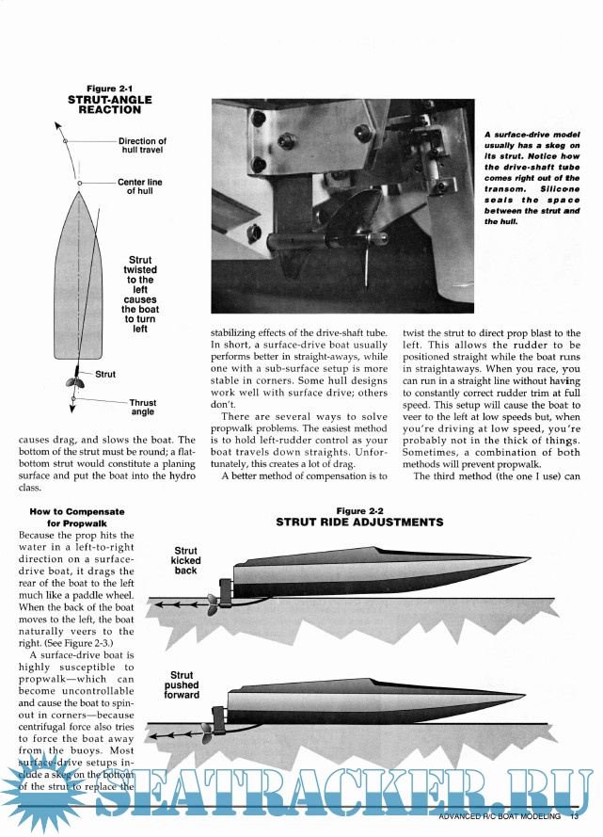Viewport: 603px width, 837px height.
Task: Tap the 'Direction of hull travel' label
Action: pos(142,146)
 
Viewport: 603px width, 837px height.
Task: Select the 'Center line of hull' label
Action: pos(144,186)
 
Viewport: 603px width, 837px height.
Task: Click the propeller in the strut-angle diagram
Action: pos(72,383)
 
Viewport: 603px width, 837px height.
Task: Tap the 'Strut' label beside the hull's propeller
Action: pos(105,374)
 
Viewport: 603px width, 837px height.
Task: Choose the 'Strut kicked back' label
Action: pos(185,560)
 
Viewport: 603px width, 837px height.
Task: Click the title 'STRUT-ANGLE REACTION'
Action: pos(104,105)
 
